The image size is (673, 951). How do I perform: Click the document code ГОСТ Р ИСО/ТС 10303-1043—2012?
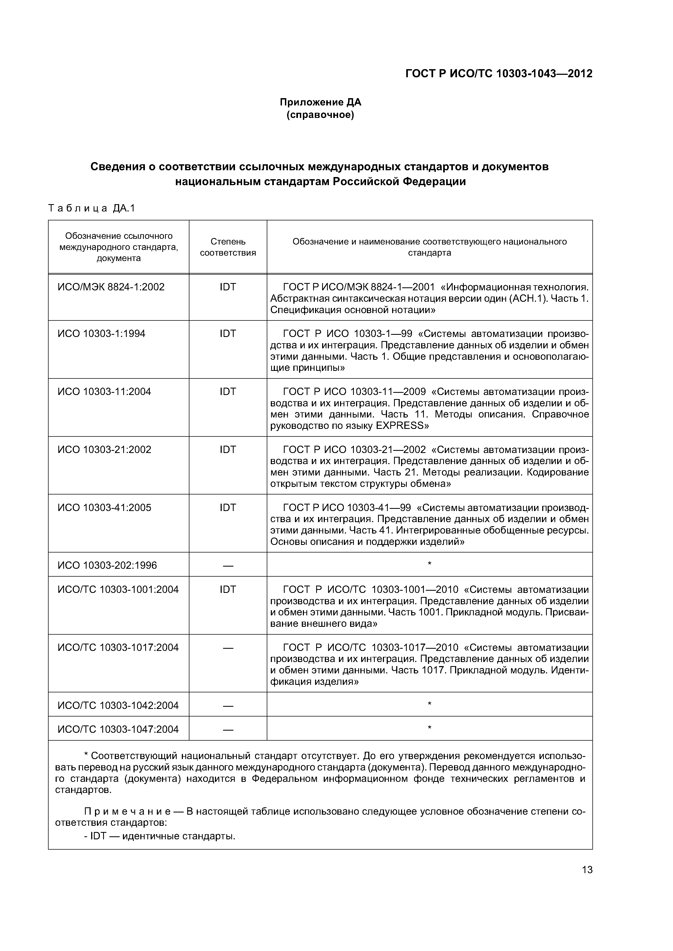pyautogui.click(x=499, y=74)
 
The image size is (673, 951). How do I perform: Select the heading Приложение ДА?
pyautogui.click(x=320, y=102)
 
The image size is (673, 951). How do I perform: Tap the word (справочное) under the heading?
pyautogui.click(x=320, y=115)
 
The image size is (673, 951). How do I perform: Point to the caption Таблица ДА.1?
pyautogui.click(x=92, y=208)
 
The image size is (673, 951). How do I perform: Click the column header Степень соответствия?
pyautogui.click(x=228, y=247)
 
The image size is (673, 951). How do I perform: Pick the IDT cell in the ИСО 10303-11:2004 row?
pyautogui.click(x=228, y=391)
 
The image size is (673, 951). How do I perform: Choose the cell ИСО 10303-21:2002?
pyautogui.click(x=104, y=449)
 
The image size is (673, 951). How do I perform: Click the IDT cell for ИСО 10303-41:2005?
pyautogui.click(x=228, y=507)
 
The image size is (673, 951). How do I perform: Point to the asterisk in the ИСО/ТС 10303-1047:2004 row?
pyautogui.click(x=430, y=728)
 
